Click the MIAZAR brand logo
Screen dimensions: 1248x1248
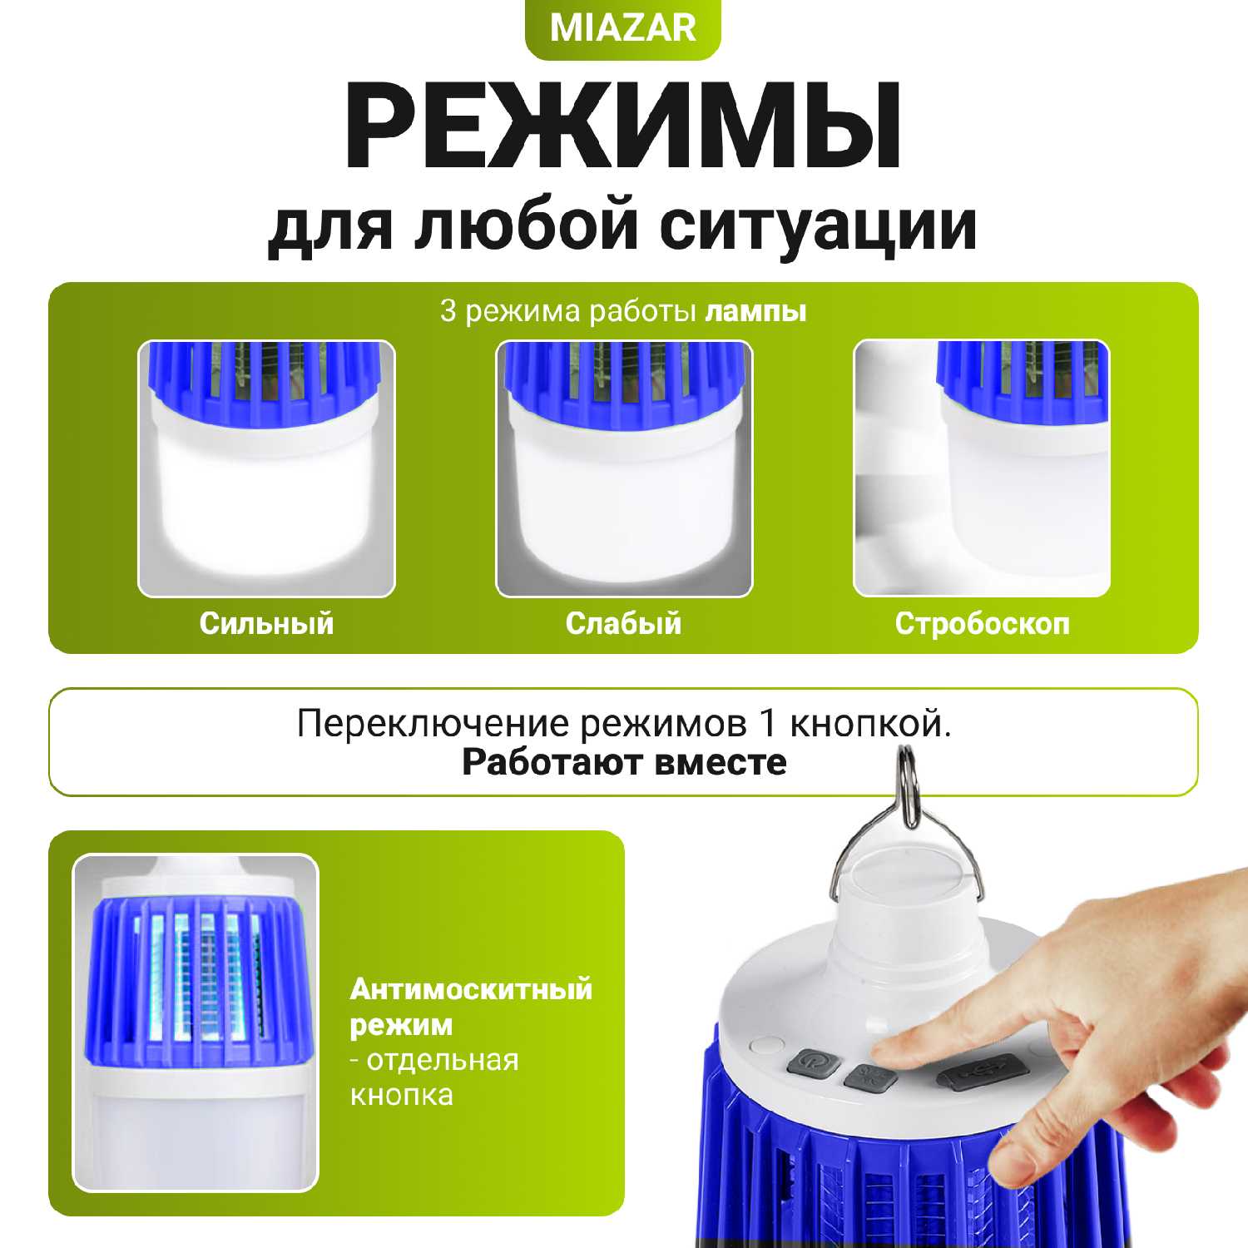(x=623, y=27)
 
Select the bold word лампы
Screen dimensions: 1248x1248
(x=755, y=311)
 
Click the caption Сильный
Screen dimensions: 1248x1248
(x=266, y=623)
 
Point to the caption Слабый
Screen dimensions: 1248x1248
(x=623, y=623)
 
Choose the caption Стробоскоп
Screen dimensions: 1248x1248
(x=982, y=623)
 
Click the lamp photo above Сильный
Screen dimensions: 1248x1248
(x=266, y=468)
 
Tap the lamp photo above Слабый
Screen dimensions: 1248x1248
(x=624, y=468)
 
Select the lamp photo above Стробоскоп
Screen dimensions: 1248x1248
(x=982, y=468)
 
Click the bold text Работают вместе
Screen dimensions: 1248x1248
(x=624, y=762)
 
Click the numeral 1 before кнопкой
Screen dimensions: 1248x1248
(x=767, y=724)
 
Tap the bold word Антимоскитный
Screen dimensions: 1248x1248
(x=471, y=988)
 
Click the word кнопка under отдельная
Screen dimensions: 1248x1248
(x=401, y=1094)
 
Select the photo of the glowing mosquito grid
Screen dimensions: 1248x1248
(x=196, y=1023)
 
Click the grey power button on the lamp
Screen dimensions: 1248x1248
(x=810, y=1064)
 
